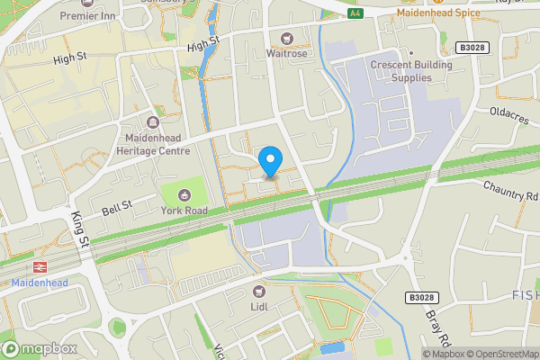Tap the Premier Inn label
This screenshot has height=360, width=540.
(88, 16)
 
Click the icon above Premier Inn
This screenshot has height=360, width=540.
(88, 3)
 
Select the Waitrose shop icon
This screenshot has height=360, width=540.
(288, 38)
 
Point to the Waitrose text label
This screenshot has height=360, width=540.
(288, 53)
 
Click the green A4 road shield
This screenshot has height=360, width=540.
(355, 13)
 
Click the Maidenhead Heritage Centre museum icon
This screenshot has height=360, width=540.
(154, 121)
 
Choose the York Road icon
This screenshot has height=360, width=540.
(184, 194)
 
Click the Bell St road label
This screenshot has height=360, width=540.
(116, 207)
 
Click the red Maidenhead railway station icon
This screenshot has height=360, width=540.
(39, 267)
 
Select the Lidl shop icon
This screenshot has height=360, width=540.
(259, 291)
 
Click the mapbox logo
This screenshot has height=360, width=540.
(39, 348)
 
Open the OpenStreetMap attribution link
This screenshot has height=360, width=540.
(499, 354)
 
